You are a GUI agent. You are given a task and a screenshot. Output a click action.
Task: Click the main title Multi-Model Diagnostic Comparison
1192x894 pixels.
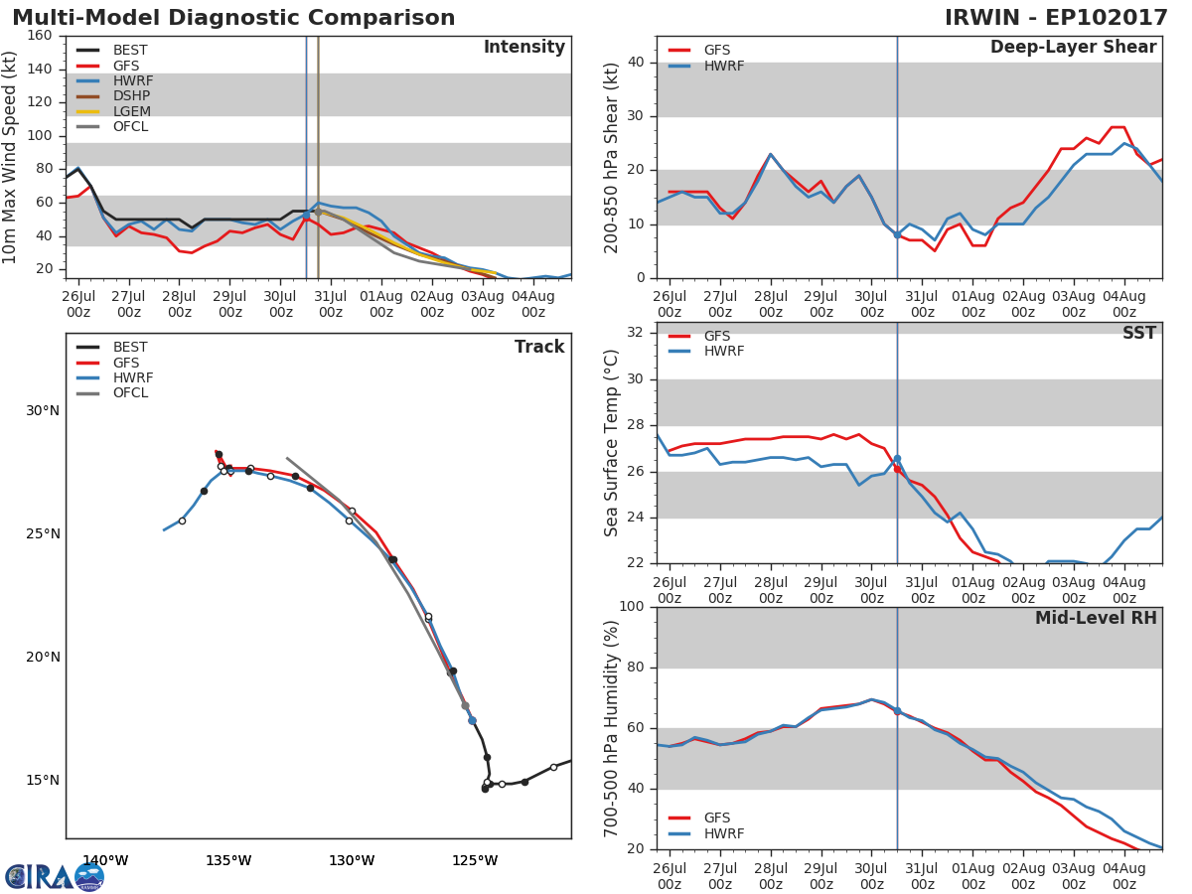233,18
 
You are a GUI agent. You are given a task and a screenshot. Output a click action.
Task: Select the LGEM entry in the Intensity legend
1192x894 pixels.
130,111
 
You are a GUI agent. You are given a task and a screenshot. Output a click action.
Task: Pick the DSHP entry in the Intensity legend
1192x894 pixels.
130,96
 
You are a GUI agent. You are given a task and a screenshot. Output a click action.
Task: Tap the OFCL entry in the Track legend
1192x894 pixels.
130,393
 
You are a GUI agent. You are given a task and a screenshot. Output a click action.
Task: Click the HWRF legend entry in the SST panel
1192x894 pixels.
722,352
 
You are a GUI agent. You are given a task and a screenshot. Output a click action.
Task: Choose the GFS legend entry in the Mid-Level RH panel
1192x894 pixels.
716,819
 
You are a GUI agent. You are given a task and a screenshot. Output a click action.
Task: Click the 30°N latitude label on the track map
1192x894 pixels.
43,411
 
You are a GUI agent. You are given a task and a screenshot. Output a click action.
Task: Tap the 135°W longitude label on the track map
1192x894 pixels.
228,860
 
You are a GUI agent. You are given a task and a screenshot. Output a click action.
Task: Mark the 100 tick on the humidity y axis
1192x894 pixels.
629,607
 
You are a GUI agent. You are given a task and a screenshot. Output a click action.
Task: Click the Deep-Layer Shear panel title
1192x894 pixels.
1073,48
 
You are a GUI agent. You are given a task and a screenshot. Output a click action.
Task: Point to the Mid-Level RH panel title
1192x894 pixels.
1096,618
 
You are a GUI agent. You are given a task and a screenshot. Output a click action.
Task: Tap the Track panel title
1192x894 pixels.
538,347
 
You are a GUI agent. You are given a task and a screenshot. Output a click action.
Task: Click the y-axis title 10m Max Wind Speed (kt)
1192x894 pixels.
11,157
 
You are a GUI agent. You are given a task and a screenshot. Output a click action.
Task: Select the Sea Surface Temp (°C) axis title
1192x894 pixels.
612,442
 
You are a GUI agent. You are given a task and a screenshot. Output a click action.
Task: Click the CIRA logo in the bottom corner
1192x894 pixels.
55,876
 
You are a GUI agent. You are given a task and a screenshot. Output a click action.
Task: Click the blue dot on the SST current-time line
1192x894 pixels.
897,459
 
